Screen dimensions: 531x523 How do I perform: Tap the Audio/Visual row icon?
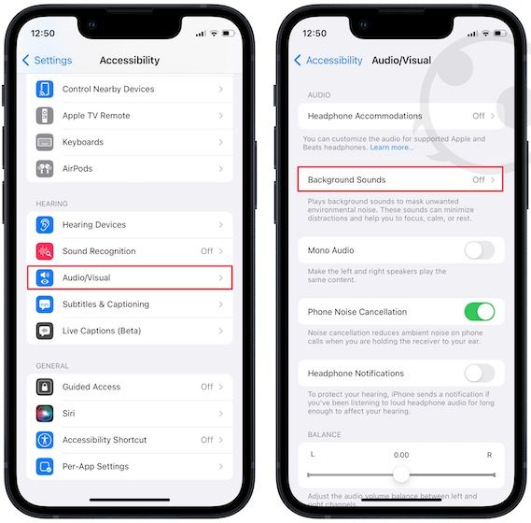45,277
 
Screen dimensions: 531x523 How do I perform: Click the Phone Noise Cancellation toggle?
480,312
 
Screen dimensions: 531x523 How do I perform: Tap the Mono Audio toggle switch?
480,250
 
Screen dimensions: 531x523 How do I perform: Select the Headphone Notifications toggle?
480,374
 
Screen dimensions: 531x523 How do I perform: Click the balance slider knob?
401,474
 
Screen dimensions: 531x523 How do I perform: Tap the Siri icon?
45,413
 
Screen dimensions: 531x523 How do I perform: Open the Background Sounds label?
346,179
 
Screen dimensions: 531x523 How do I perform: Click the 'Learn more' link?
391,148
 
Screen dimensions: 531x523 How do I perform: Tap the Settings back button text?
53,60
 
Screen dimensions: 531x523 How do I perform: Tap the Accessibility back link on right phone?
334,61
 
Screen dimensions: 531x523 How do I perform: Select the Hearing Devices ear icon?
45,225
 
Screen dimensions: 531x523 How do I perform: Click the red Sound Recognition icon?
45,251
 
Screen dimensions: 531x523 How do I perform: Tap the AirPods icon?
45,168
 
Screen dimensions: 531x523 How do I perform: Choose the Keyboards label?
83,142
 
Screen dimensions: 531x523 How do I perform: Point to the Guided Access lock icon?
45,387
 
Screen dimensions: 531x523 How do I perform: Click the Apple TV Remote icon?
45,116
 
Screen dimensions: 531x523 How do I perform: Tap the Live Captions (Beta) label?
102,331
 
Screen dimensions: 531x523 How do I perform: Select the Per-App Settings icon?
45,466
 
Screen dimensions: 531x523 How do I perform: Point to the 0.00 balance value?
401,455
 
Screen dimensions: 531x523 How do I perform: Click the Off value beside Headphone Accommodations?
479,116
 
